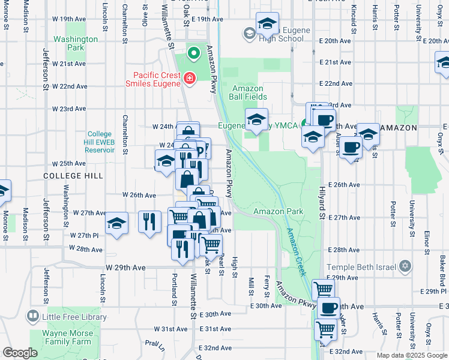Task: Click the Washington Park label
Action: (76, 43)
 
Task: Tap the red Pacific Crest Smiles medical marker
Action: (190, 78)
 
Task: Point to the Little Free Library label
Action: (74, 317)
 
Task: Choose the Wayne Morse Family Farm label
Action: (68, 337)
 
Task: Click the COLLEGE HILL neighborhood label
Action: (73, 176)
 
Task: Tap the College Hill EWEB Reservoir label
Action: (96, 142)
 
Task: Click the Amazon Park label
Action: (278, 211)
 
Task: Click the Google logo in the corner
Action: (20, 353)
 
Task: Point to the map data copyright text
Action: (412, 355)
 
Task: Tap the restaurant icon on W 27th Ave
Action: (149, 221)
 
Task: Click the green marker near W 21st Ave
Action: (193, 54)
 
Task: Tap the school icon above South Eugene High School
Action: (267, 23)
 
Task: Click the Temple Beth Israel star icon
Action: (405, 266)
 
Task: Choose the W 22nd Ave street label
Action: (70, 86)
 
